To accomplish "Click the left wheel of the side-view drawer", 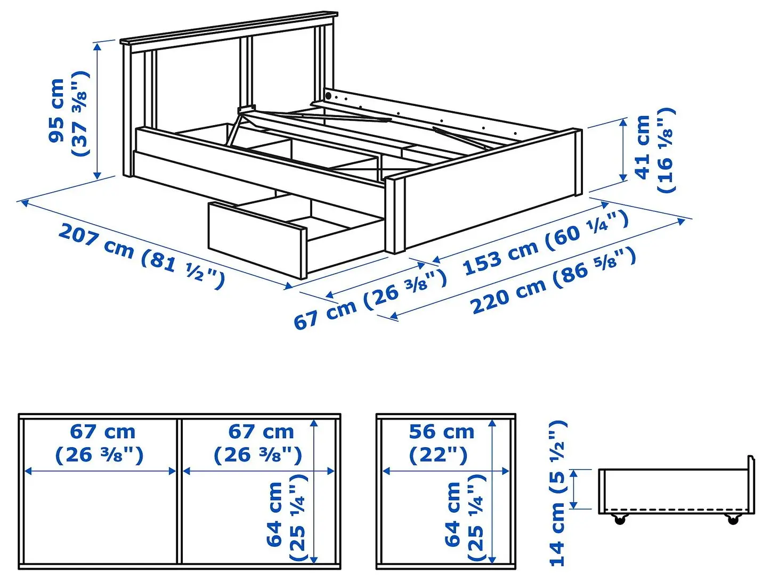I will (619, 519).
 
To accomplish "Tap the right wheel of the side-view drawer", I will (733, 519).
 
